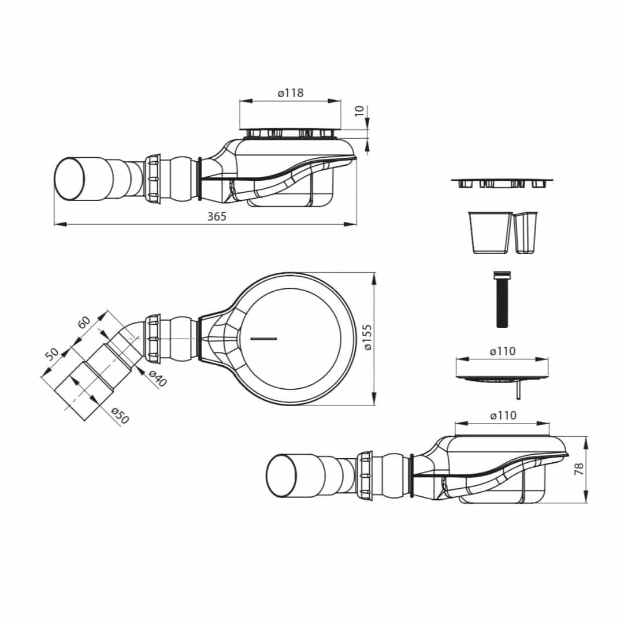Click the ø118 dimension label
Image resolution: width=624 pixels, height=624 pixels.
[291, 92]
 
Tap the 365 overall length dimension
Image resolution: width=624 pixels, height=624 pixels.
[217, 217]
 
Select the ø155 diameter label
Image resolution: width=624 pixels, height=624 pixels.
[367, 337]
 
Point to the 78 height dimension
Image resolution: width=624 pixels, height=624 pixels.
[579, 469]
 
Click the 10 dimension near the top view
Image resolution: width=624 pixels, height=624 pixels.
[360, 110]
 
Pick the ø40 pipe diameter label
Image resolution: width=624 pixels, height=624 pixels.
[158, 378]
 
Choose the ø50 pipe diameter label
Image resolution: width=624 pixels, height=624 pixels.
[120, 415]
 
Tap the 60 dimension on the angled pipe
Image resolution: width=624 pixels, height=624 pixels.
[84, 322]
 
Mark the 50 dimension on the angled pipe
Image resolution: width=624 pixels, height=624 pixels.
[52, 354]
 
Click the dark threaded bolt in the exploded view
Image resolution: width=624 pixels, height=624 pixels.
[502, 299]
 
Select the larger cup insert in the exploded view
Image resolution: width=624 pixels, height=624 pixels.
[490, 233]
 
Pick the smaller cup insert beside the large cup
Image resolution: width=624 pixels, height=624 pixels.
[525, 233]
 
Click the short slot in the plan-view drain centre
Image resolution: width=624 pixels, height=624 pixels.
[263, 339]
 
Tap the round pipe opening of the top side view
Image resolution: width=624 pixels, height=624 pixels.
[70, 179]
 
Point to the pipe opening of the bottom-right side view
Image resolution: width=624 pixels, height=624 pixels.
[281, 476]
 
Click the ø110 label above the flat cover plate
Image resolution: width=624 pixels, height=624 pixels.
[503, 351]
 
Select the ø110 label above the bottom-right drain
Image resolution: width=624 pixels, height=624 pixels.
[503, 415]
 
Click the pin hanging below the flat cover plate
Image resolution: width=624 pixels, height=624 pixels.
[518, 389]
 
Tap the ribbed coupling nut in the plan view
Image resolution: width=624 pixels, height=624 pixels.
[153, 338]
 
